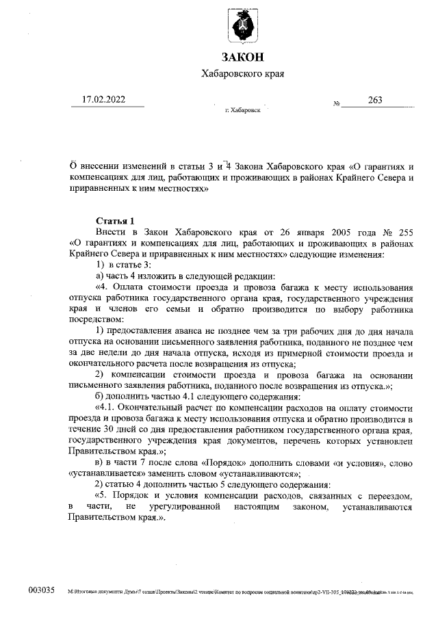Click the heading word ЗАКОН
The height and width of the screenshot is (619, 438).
[x=242, y=56]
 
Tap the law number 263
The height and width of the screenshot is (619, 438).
[x=375, y=100]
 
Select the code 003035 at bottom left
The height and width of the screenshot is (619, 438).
[x=40, y=590]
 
